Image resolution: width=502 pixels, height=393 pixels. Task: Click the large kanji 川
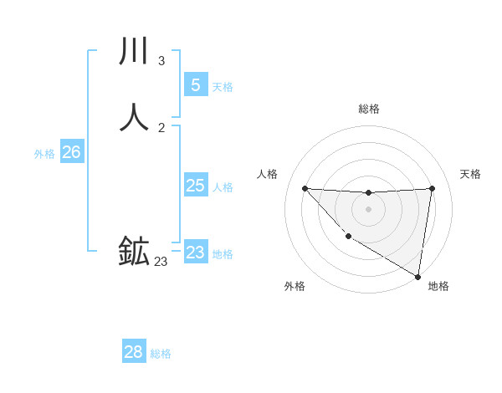pos(134,51)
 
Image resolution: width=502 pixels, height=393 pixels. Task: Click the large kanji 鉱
pos(134,251)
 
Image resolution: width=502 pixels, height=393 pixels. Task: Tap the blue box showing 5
pos(196,84)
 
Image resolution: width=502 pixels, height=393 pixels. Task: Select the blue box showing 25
pos(196,186)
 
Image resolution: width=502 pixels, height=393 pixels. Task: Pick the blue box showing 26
pos(71,152)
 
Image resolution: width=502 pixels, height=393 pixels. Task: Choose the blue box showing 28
pos(134,351)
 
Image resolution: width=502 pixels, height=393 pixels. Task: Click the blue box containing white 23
pos(196,252)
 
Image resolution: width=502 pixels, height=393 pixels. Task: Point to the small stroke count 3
pos(161,60)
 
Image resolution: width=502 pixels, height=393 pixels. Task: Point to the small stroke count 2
pos(161,127)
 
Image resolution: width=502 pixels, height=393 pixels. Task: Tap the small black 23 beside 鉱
pos(161,262)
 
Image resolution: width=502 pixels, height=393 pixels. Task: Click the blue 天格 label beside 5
pos(223,87)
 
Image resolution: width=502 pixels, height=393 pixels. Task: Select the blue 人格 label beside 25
pos(223,187)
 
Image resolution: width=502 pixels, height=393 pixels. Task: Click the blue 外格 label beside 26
pos(44,154)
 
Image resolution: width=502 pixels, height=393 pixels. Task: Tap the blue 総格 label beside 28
pos(161,354)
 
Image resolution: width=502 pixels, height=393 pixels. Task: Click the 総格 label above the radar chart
pos(368,109)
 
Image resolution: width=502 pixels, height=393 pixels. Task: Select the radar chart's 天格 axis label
pos(470,174)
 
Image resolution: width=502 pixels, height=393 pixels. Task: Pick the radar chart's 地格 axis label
pos(438,286)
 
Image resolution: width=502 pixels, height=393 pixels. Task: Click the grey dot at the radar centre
pos(368,209)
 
